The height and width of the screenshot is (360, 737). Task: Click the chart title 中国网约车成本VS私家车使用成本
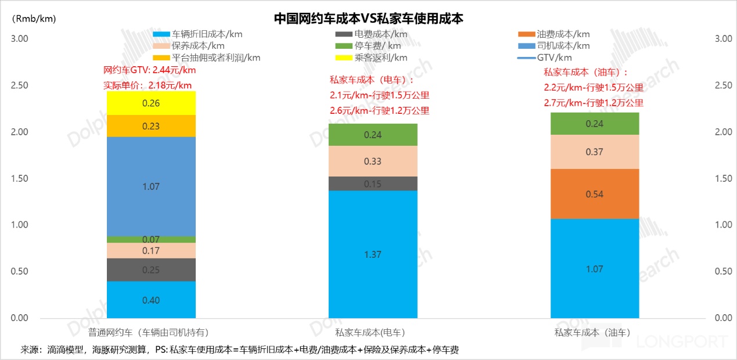click(368, 19)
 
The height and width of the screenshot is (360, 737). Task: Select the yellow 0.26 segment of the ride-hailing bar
click(151, 103)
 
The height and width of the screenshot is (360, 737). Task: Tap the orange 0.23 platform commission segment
click(151, 126)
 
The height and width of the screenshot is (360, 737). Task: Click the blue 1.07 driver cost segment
click(151, 186)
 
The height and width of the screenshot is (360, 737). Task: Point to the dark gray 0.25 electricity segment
click(151, 270)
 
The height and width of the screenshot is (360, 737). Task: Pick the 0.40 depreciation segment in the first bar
click(151, 300)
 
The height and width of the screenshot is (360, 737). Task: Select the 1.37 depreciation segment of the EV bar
click(372, 254)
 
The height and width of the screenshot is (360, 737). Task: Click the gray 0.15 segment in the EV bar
click(372, 183)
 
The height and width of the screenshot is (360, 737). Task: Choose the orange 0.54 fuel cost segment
click(594, 194)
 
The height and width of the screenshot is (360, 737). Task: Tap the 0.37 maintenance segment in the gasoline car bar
click(594, 152)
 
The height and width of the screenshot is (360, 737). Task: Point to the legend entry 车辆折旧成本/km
click(207, 34)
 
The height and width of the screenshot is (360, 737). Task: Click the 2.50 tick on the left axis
click(20, 85)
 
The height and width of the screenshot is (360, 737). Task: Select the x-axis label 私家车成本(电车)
click(370, 333)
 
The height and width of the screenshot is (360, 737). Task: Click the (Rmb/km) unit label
click(34, 19)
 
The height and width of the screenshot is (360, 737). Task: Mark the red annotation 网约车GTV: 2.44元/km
click(149, 70)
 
